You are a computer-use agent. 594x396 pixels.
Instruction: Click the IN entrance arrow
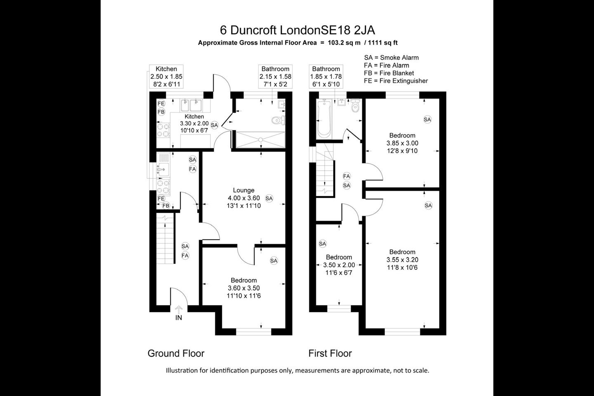(179, 309)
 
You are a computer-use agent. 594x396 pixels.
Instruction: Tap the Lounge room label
(244, 190)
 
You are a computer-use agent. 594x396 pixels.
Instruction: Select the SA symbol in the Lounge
(269, 198)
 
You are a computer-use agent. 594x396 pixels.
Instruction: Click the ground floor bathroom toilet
(278, 120)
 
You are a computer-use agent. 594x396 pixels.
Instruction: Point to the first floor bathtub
(324, 118)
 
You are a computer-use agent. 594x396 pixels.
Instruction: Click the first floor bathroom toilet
(355, 106)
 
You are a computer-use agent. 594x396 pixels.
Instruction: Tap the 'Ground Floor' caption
(176, 353)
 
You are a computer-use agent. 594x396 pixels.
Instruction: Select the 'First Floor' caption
(330, 353)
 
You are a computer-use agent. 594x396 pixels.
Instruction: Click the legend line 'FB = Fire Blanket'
(389, 73)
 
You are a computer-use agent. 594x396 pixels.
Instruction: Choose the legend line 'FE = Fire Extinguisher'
(396, 80)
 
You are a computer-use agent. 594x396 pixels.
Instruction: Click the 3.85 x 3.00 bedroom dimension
(402, 143)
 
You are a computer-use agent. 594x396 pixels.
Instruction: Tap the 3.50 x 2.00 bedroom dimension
(339, 265)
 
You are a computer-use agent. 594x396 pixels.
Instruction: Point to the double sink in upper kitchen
(191, 105)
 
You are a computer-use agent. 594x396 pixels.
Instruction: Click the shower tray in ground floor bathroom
(261, 139)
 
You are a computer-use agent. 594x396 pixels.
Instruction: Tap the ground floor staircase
(165, 238)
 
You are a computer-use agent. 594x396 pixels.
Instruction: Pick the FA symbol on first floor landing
(346, 176)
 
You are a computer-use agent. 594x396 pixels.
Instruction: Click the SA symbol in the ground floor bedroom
(273, 261)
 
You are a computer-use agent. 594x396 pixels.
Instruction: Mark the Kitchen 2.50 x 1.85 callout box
(166, 76)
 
